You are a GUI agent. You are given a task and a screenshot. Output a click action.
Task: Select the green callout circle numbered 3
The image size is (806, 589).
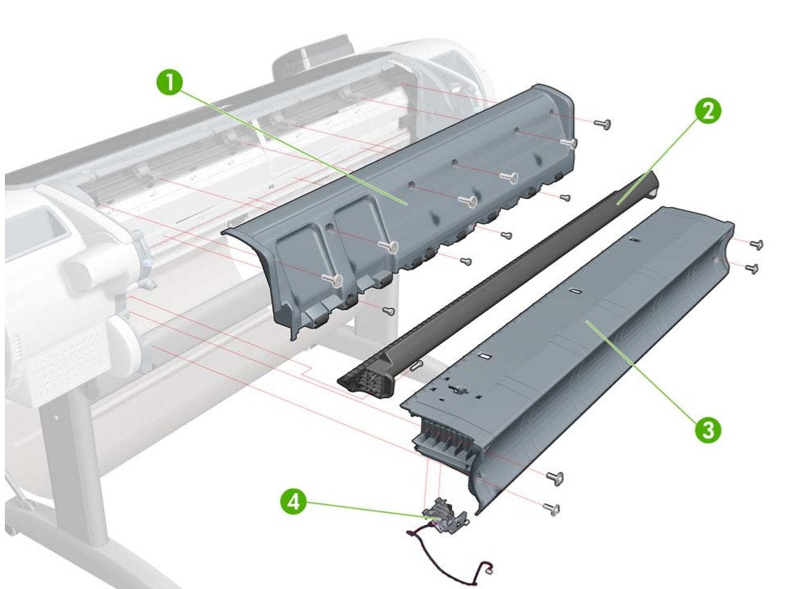(709, 430)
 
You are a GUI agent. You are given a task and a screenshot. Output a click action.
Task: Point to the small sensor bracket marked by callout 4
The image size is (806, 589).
(439, 515)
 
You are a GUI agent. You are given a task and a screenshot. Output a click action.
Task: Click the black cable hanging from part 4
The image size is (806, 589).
(453, 558)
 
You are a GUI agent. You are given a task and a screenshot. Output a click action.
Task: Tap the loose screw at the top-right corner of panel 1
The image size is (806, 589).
(601, 123)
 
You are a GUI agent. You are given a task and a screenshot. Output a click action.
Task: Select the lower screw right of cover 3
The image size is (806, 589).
(751, 267)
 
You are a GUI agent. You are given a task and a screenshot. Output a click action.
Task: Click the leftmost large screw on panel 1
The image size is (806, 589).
(335, 279)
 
